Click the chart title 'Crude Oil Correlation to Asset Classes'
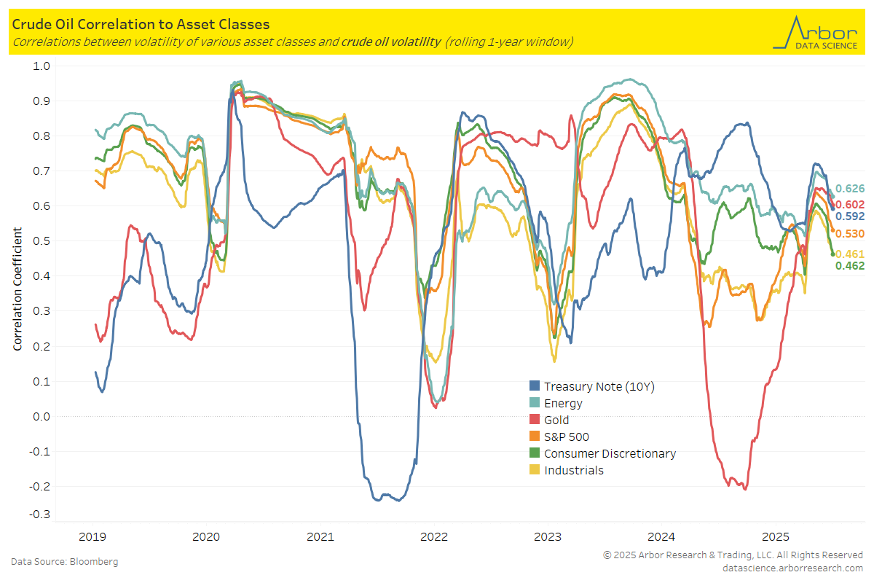(x=141, y=26)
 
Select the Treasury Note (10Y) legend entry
(x=599, y=386)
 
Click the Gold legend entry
(x=556, y=420)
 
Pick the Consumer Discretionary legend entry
(x=610, y=453)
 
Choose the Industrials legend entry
(x=574, y=470)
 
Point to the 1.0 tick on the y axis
(x=41, y=66)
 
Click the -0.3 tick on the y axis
(x=39, y=514)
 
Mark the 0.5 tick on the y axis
(x=41, y=241)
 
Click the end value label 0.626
(x=849, y=189)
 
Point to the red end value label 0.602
(x=849, y=205)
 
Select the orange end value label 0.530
(x=849, y=233)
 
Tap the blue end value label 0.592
(x=849, y=216)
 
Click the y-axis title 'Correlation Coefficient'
(x=17, y=289)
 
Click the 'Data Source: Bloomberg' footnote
(x=64, y=562)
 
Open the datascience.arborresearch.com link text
(x=792, y=568)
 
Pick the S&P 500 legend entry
(x=567, y=437)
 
